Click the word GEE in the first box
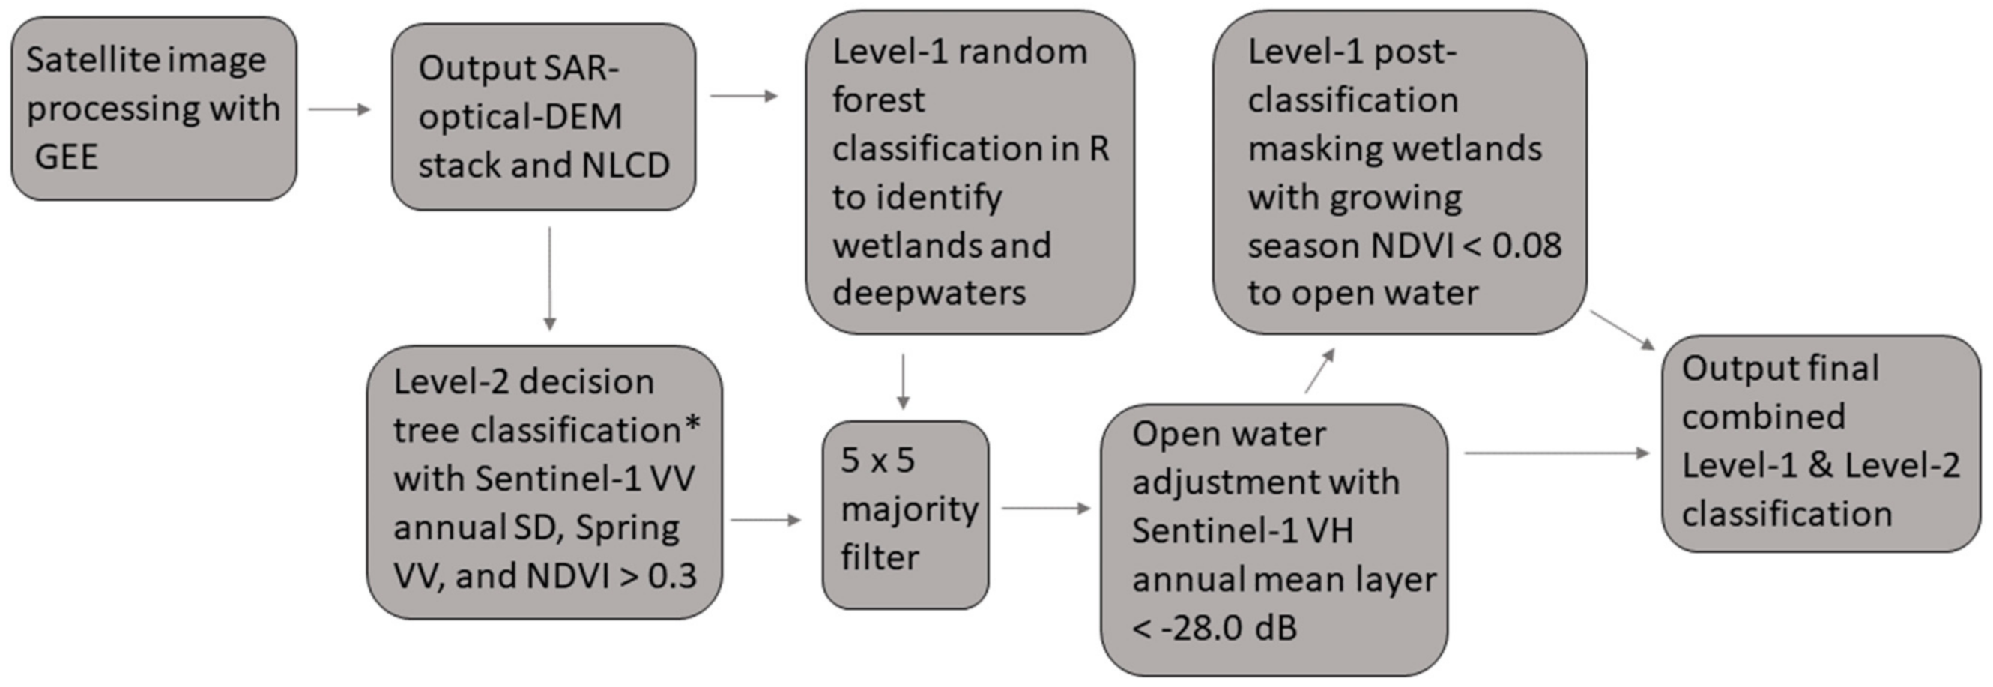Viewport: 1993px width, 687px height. (x=67, y=157)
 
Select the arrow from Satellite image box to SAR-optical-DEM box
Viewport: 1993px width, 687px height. (x=339, y=109)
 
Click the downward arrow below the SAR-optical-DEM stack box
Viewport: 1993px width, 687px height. (x=549, y=279)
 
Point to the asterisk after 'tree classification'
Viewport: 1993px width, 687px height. (x=692, y=425)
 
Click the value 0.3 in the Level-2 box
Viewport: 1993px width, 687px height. (x=673, y=575)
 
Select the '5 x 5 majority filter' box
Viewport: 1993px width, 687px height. (x=905, y=515)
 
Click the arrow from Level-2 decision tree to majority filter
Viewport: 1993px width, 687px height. (x=765, y=520)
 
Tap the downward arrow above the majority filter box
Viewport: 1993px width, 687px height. (x=902, y=381)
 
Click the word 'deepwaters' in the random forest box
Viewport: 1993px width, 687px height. (x=928, y=293)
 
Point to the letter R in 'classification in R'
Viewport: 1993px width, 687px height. (x=1098, y=148)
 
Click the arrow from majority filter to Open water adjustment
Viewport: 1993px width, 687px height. (x=1045, y=508)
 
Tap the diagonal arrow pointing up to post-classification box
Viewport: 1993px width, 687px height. (x=1320, y=371)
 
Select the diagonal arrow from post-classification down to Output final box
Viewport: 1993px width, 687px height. (x=1622, y=330)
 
